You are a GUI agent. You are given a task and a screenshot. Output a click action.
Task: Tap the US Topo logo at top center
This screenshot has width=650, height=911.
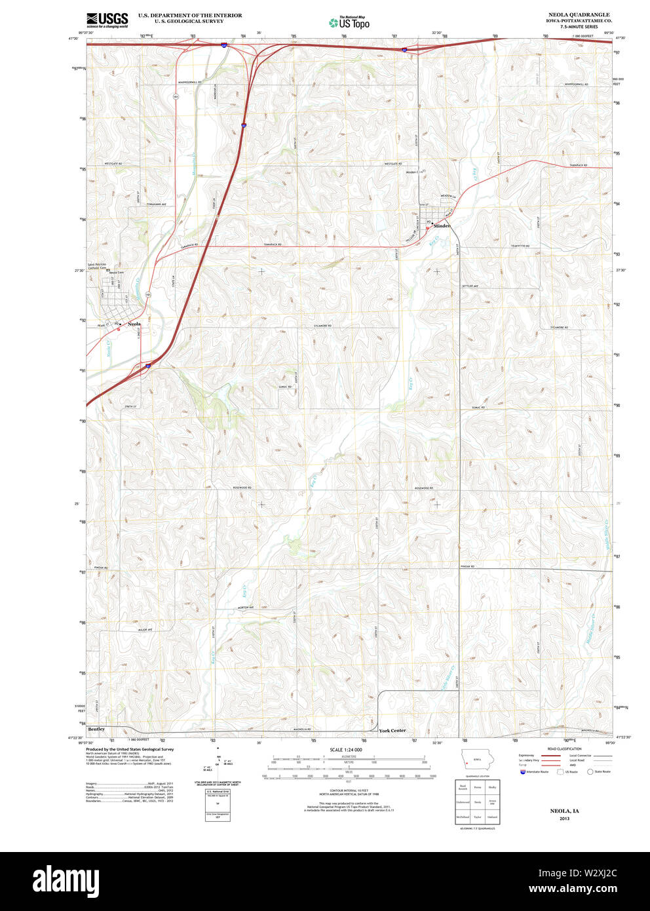tap(349, 23)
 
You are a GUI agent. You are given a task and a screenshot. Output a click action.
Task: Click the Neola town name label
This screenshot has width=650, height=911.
tap(134, 324)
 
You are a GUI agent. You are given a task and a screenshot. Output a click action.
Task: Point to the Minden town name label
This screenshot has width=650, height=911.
tap(442, 226)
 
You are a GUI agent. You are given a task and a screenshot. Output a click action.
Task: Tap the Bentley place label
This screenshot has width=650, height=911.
tap(96, 729)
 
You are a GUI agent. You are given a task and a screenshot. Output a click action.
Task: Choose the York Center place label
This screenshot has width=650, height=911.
tap(392, 730)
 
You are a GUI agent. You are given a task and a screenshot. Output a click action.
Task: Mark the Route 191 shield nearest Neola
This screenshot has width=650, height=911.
tap(149, 295)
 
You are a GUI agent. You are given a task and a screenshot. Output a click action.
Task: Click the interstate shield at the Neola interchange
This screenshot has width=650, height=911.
tap(149, 366)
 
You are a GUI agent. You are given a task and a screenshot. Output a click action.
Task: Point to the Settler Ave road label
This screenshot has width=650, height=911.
tap(470, 286)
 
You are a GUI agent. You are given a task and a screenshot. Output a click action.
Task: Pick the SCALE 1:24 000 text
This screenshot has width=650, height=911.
tap(346, 749)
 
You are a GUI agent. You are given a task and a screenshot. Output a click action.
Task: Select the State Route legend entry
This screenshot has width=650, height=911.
tap(599, 771)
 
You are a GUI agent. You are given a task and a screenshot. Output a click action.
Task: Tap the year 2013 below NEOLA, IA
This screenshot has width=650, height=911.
tap(564, 819)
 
